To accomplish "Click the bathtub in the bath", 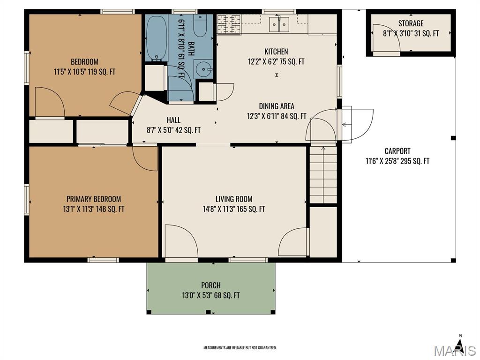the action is (157, 38).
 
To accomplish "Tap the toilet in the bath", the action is (200, 25).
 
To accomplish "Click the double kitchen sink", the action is (279, 24).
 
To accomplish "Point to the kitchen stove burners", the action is (229, 24).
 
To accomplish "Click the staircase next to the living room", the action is (323, 175).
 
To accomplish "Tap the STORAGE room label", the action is (411, 23).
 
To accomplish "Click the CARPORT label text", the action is (397, 151).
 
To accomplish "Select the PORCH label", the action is (211, 285).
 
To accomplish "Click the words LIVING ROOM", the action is (234, 199).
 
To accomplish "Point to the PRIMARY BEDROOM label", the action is (94, 199).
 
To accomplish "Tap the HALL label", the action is (173, 120).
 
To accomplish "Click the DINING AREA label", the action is (277, 106).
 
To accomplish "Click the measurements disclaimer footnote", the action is (240, 348).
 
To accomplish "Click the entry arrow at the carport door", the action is (346, 125).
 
